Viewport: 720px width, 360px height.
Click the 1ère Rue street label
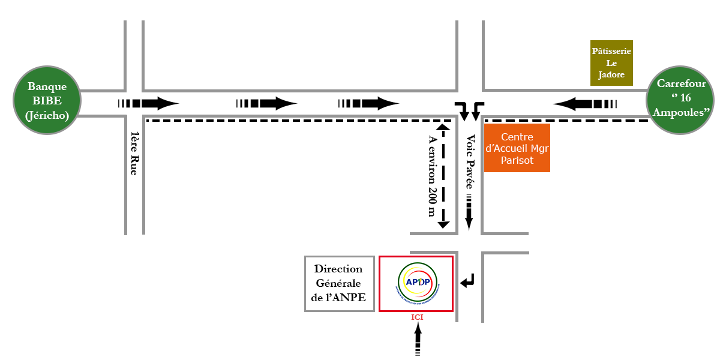pyautogui.click(x=135, y=153)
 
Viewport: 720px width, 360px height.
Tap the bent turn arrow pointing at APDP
pyautogui.click(x=467, y=280)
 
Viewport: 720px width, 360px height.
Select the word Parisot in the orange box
pyautogui.click(x=517, y=161)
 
